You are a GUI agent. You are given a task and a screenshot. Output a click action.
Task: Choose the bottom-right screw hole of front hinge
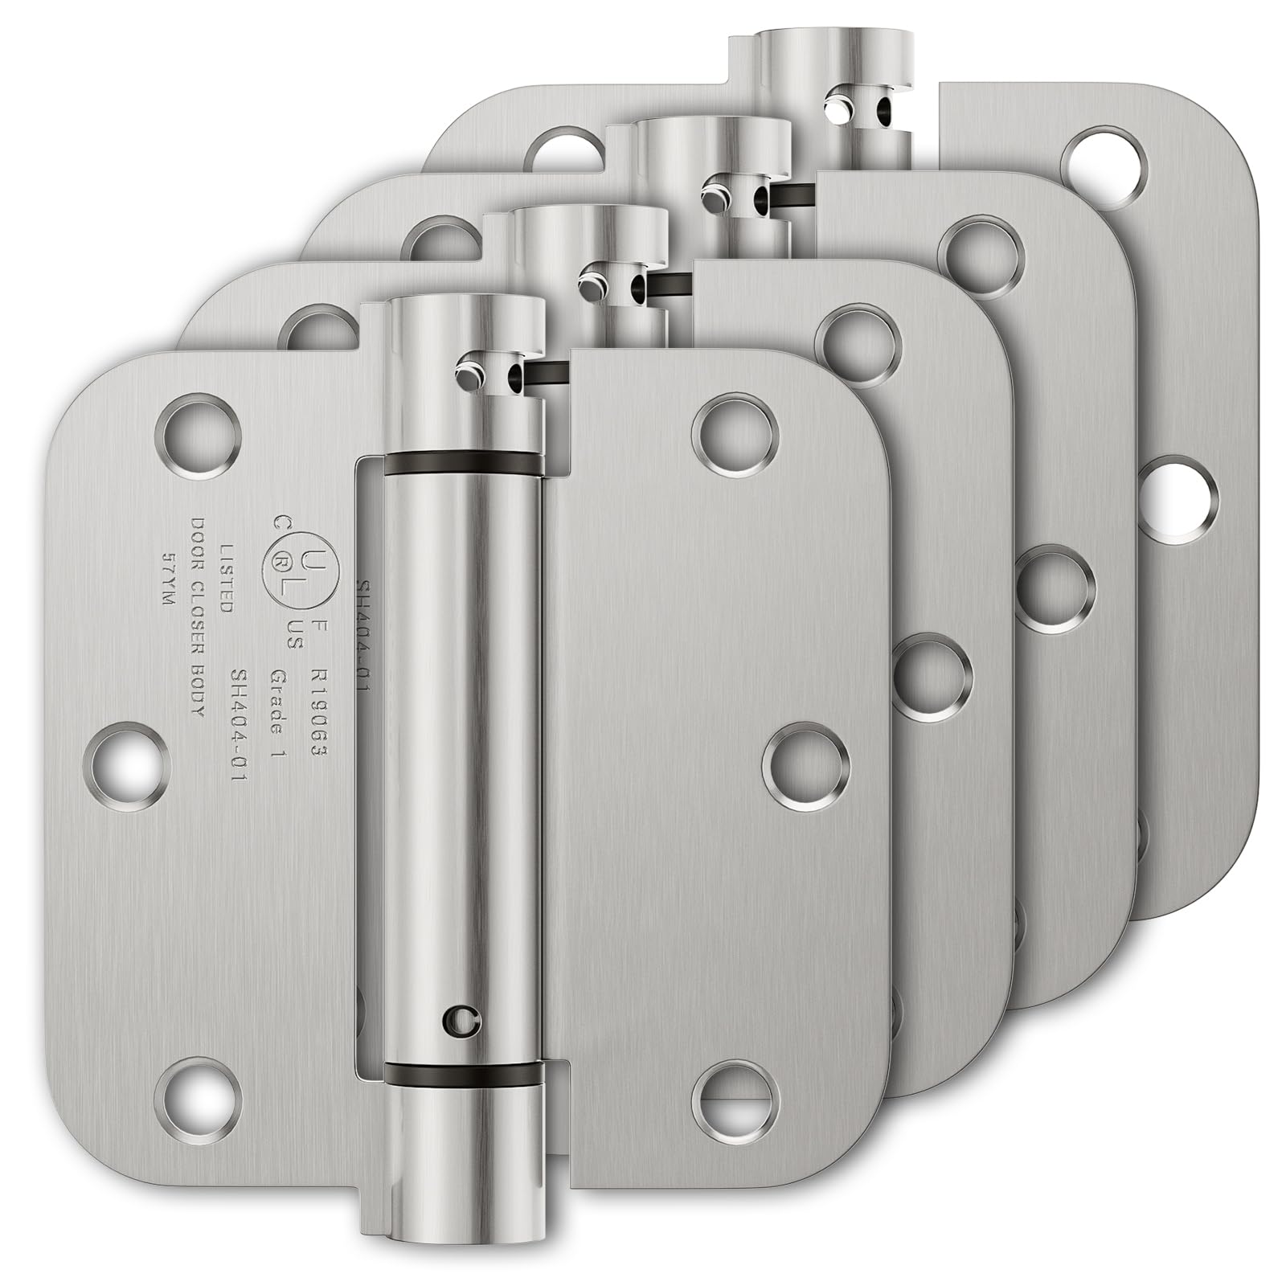(x=739, y=1097)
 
